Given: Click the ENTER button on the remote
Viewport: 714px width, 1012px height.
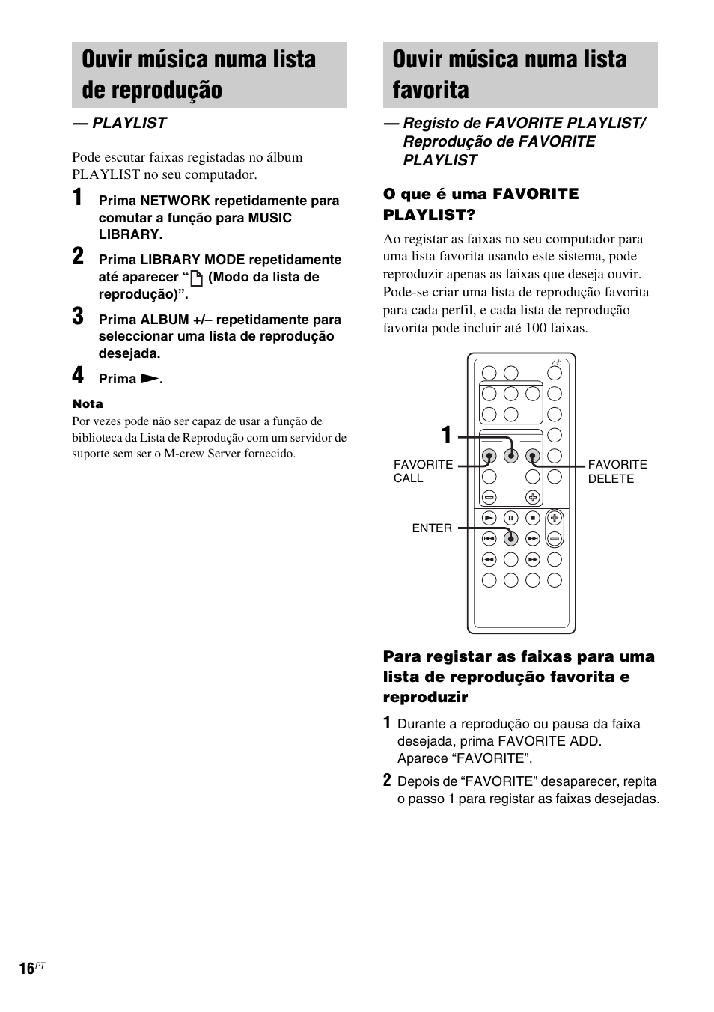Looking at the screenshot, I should pos(511,537).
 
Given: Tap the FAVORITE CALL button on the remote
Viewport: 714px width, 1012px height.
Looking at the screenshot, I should pos(489,456).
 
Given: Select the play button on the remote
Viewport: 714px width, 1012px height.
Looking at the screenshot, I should pos(489,517).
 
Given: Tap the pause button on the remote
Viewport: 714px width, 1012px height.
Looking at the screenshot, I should pos(511,517).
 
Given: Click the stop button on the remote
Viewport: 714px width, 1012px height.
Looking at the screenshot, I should pos(532,517).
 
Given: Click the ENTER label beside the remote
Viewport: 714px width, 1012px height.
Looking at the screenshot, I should pos(432,528).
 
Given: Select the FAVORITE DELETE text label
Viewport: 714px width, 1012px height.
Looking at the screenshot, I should pos(617,472).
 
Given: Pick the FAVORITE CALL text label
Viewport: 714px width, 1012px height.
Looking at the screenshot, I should pos(423,472).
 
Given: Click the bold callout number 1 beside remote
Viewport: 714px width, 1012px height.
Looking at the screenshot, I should pos(446,436).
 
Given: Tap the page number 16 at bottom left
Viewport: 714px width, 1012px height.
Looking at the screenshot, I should pos(27,969).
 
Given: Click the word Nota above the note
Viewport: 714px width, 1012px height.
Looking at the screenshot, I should pos(88,404).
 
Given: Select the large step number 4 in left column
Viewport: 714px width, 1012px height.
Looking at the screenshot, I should pos(78,376).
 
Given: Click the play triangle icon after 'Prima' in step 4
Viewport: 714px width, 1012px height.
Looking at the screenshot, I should pos(150,379).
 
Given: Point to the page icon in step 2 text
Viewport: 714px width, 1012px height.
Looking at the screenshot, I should pos(197,278).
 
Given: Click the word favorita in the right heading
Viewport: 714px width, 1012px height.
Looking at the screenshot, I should pos(430,90).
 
